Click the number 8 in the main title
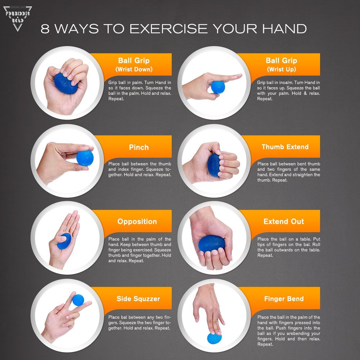[x=45, y=29]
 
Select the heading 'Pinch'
[x=139, y=147]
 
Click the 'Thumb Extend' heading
[x=285, y=147]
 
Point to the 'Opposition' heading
[x=137, y=221]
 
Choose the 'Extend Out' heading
[x=284, y=221]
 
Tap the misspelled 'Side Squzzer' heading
[x=138, y=299]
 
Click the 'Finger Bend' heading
[x=284, y=299]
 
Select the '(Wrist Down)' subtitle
[x=134, y=69]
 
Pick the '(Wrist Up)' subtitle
[x=281, y=69]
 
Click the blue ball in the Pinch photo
[x=85, y=158]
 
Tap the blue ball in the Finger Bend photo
[x=214, y=338]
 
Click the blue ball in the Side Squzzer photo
[x=78, y=300]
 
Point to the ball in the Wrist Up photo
[x=218, y=87]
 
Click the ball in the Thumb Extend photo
[x=214, y=165]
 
